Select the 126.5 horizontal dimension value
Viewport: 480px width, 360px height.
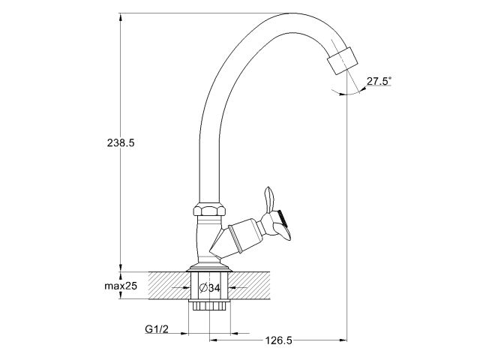click(277, 340)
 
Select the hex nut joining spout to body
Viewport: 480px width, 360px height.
click(208, 211)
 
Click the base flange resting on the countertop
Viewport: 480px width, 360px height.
click(208, 266)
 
